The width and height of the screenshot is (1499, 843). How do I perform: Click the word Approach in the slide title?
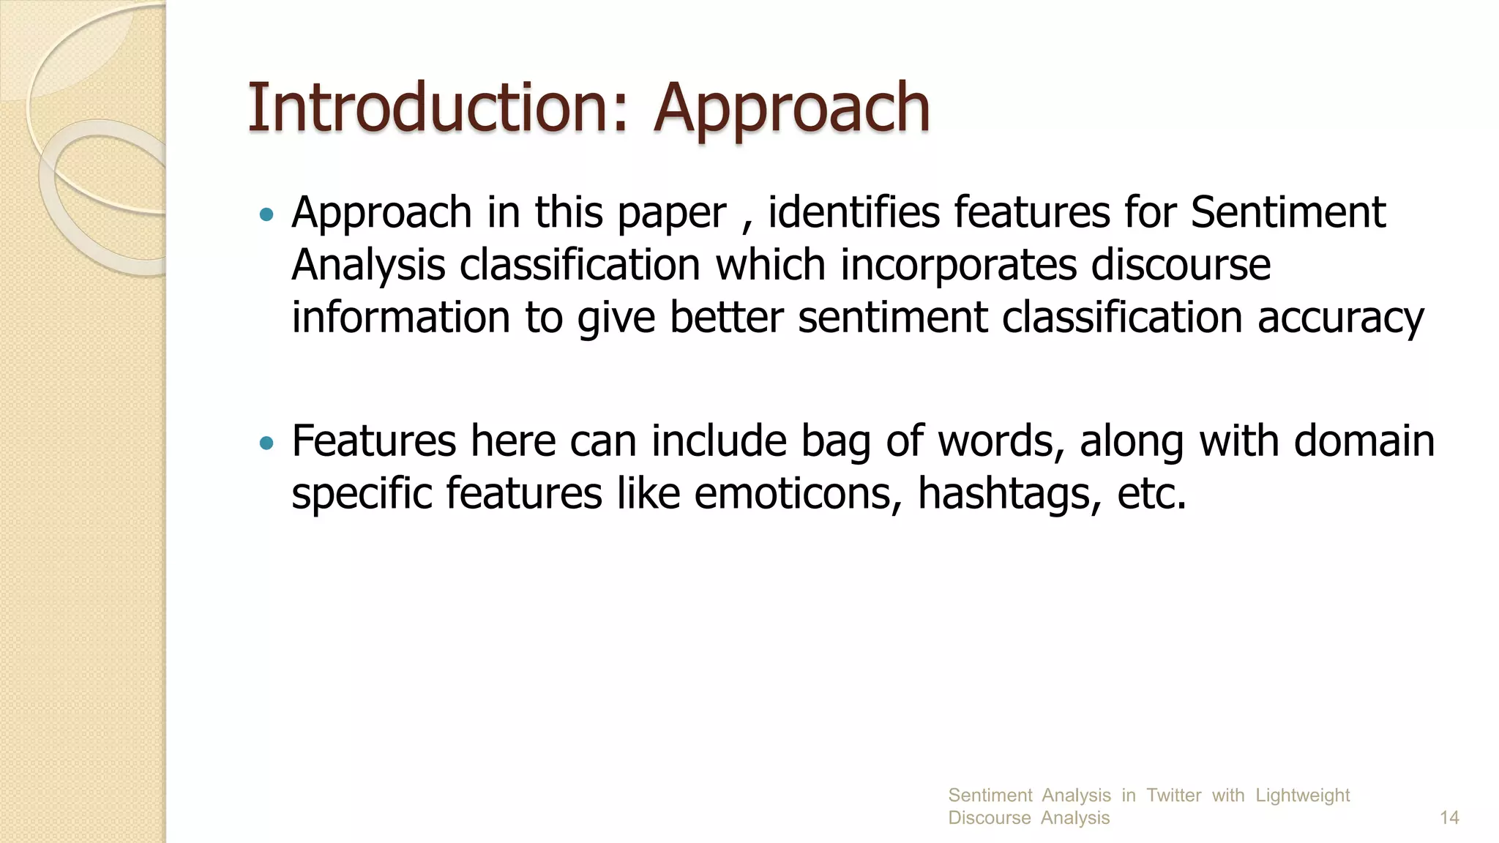(x=791, y=110)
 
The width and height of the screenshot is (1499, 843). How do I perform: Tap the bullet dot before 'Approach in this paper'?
(x=266, y=214)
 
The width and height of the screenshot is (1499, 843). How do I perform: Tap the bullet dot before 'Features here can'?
(x=266, y=443)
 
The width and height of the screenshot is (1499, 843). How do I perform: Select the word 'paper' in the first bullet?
(x=672, y=214)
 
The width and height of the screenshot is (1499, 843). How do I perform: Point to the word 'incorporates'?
(x=958, y=265)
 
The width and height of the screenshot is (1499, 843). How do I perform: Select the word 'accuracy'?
(x=1340, y=319)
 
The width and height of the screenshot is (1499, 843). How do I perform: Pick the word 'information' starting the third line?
(x=400, y=318)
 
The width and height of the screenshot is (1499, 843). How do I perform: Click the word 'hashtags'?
(x=1009, y=493)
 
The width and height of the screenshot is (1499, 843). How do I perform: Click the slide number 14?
(x=1449, y=817)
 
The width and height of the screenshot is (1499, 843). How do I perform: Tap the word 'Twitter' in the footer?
(x=1173, y=795)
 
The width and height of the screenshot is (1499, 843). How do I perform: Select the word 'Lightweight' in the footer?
(x=1302, y=795)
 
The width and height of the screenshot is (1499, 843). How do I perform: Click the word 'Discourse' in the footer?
(x=989, y=817)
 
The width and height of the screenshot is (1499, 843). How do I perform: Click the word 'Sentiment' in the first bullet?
(x=1287, y=212)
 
